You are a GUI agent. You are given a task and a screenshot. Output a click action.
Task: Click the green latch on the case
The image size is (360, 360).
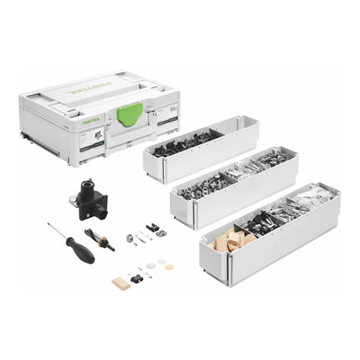[x=129, y=114]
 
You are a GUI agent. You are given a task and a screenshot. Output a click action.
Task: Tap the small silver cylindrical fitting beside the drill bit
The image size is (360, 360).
[x=130, y=238]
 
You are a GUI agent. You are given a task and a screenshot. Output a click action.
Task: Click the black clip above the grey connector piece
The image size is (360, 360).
[x=152, y=227]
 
